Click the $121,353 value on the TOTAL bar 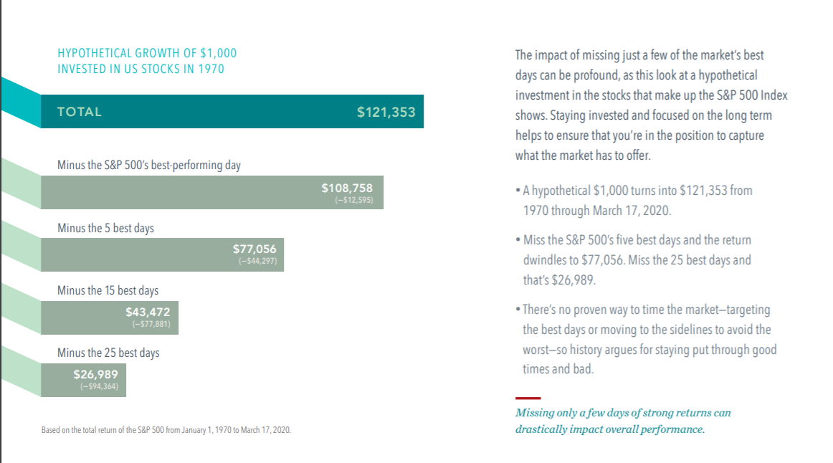pos(386,112)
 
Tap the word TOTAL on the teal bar pos(80,112)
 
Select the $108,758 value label pos(347,188)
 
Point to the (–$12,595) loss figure pos(353,200)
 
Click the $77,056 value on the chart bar pos(254,248)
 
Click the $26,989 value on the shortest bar pos(95,373)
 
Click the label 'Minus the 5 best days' pos(105,228)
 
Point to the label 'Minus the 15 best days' pos(108,290)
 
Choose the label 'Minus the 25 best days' pos(108,353)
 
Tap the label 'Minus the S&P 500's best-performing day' pos(149,165)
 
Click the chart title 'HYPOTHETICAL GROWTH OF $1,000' pos(147,53)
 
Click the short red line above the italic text pos(528,398)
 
